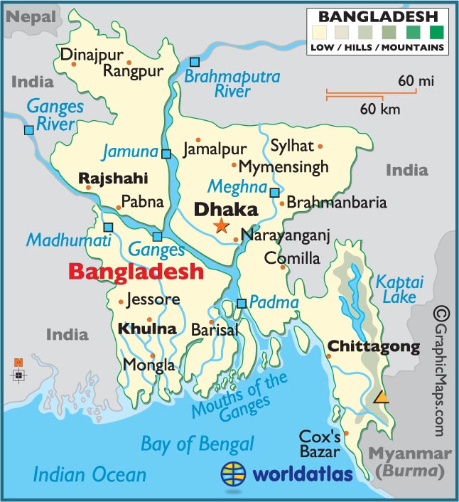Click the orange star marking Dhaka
[x=221, y=226]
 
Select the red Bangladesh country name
[x=135, y=272]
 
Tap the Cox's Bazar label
[x=320, y=443]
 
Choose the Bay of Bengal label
[x=197, y=444]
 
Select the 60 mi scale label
[x=416, y=82]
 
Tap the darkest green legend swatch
[x=436, y=32]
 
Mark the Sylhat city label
[x=291, y=146]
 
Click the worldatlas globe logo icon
[x=234, y=473]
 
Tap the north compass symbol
[x=18, y=372]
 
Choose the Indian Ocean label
[x=90, y=474]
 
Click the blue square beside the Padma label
[x=242, y=303]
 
